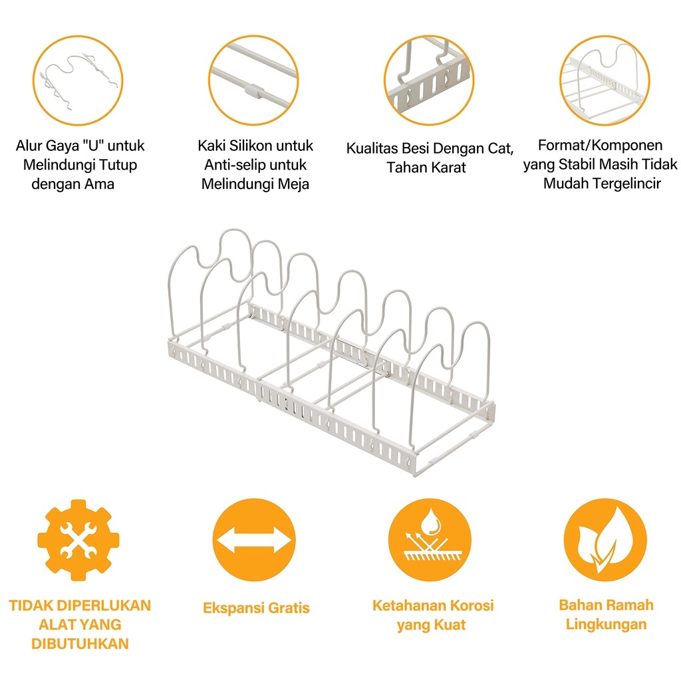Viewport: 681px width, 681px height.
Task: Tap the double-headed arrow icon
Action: [x=254, y=540]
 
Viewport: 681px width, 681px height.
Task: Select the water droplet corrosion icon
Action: [x=430, y=540]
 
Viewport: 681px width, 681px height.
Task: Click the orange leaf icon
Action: [x=605, y=540]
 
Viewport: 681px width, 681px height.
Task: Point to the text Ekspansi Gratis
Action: [x=256, y=608]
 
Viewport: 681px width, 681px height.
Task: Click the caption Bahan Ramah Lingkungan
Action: [x=606, y=614]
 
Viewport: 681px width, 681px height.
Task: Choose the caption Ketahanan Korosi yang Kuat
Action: [x=432, y=615]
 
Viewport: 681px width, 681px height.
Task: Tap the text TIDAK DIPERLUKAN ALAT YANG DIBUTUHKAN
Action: [x=80, y=624]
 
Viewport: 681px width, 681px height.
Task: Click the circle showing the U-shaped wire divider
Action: [x=78, y=79]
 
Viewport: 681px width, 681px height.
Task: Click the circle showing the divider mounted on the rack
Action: [x=605, y=79]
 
